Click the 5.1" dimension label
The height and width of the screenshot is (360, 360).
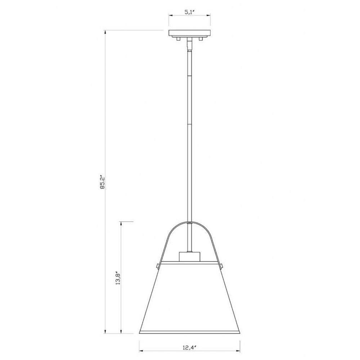click(x=190, y=12)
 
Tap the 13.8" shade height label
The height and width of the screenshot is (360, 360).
click(x=118, y=278)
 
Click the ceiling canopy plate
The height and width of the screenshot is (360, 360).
click(x=190, y=33)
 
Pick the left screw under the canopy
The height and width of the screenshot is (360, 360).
click(x=178, y=39)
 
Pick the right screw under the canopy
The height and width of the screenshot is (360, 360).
click(x=201, y=39)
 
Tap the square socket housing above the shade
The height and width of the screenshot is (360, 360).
click(x=189, y=257)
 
